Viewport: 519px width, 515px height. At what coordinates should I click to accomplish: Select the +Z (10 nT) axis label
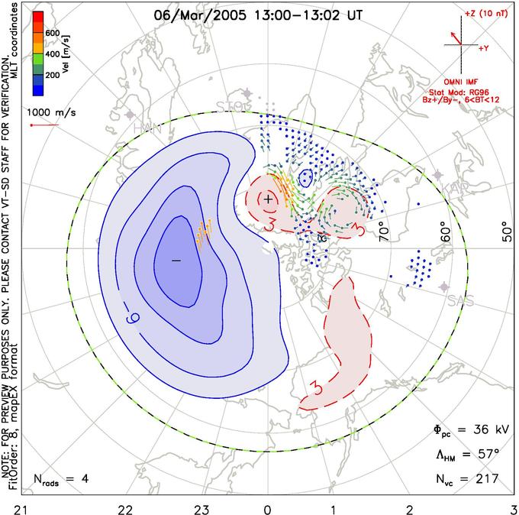(484, 15)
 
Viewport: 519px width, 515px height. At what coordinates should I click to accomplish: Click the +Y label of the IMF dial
(484, 49)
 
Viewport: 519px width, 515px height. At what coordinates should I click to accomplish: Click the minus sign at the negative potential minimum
(176, 261)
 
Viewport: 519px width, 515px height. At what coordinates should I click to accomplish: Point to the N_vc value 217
(486, 479)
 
